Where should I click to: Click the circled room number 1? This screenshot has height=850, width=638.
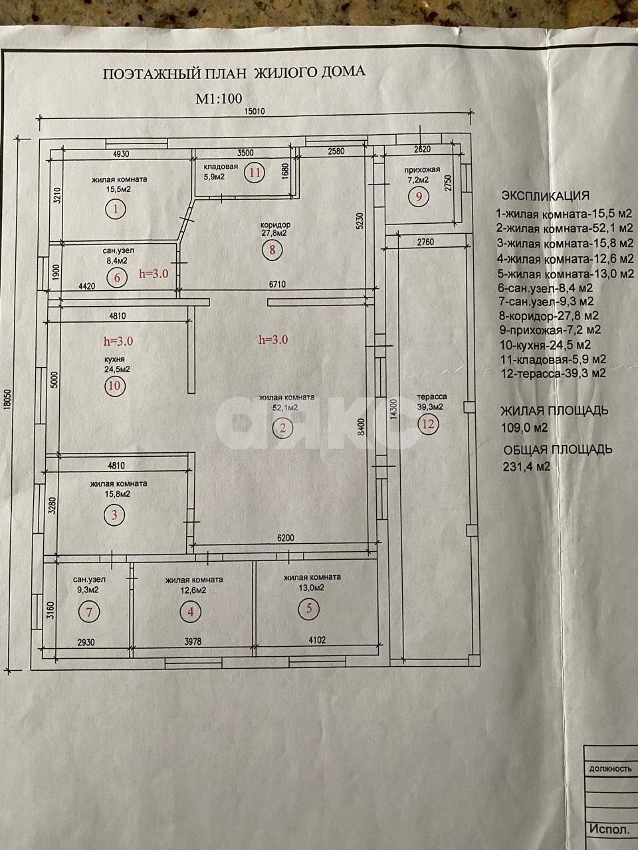pos(116,211)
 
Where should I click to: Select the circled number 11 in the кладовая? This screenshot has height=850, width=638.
pos(253,173)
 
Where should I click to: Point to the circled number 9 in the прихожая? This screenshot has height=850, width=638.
pos(419,197)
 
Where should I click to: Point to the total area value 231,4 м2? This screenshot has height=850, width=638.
pos(526,466)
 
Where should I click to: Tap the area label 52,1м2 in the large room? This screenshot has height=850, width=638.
pos(282,408)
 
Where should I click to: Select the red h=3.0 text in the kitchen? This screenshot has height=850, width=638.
pos(119,341)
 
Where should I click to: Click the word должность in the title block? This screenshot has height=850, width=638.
pos(610,768)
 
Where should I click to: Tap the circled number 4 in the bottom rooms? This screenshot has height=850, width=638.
pos(191,612)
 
